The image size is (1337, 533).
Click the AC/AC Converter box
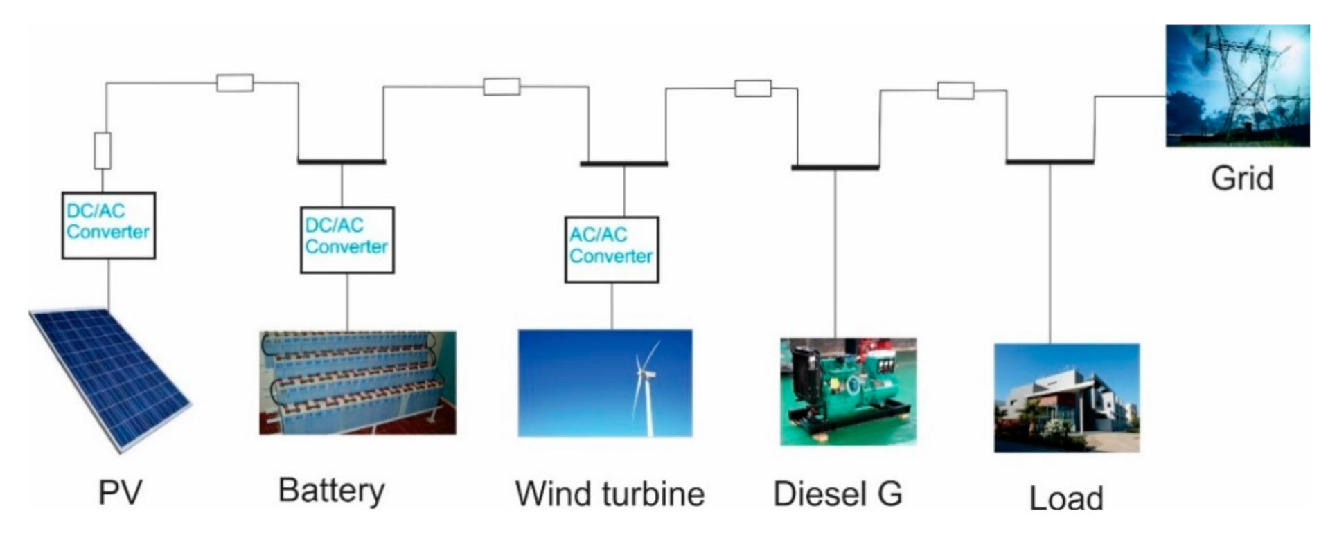pos(611,249)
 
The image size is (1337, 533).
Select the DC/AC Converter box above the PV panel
pos(108,225)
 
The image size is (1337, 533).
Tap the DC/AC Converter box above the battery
pos(346,240)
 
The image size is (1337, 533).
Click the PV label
pos(120,493)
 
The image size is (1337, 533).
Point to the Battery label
pos(331,491)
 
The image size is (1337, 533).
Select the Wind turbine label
pos(609,494)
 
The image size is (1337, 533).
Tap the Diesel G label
pos(838,494)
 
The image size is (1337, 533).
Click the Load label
pos(1065,498)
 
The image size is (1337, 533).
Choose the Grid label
pos(1241,179)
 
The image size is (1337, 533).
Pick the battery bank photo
pos(357,383)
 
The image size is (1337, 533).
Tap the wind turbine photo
pos(605,383)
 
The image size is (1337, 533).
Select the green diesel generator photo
pos(848,391)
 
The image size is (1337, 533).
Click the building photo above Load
pos(1066,398)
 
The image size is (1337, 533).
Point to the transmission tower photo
pos(1237,86)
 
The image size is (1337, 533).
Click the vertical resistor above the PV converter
pos(103,150)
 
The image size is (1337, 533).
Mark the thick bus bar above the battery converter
pos(342,162)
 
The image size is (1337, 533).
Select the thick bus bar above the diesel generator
pos(835,168)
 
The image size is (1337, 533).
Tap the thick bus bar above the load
pos(1050,163)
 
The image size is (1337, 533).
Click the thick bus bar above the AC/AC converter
pos(623,164)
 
